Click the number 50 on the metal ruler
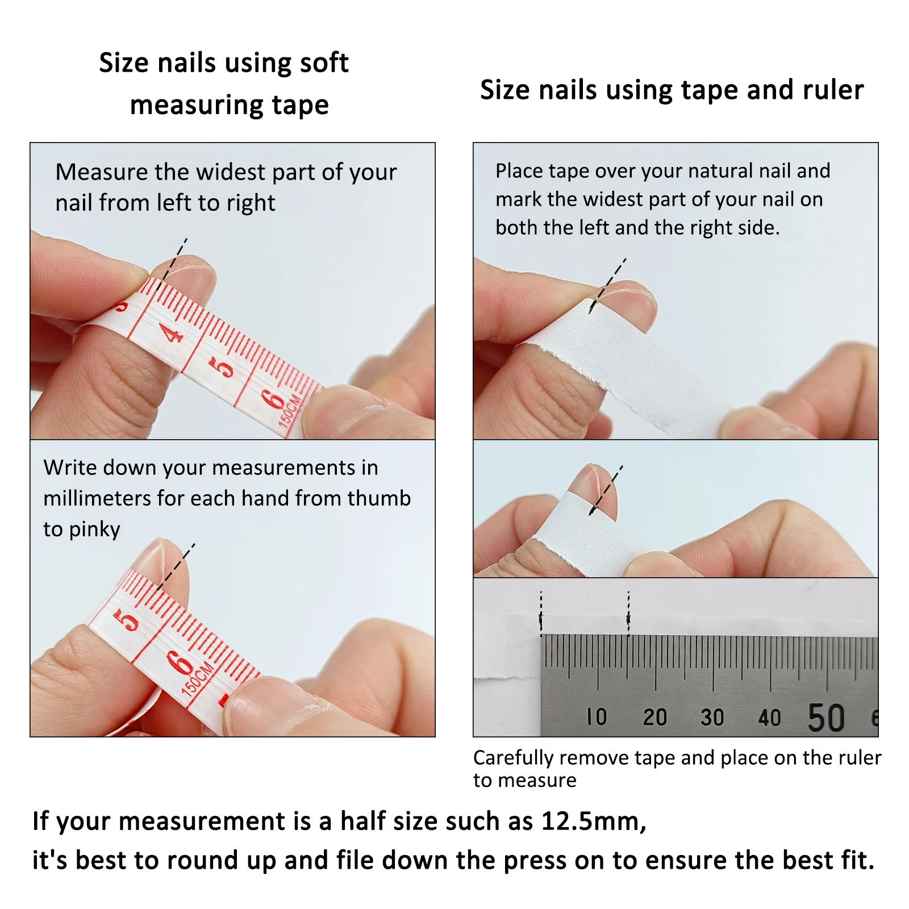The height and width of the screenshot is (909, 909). tap(826, 718)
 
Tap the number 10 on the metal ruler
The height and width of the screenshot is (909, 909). tap(597, 717)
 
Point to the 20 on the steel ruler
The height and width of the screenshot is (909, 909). tap(654, 717)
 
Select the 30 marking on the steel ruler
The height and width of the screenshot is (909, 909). tap(712, 717)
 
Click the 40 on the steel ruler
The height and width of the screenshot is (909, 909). tap(769, 718)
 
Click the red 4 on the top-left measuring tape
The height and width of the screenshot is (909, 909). tap(173, 333)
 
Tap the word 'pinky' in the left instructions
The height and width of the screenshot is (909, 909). tap(94, 529)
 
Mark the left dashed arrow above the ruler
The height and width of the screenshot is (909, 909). tap(541, 614)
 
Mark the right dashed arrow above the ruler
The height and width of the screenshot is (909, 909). tap(628, 614)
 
